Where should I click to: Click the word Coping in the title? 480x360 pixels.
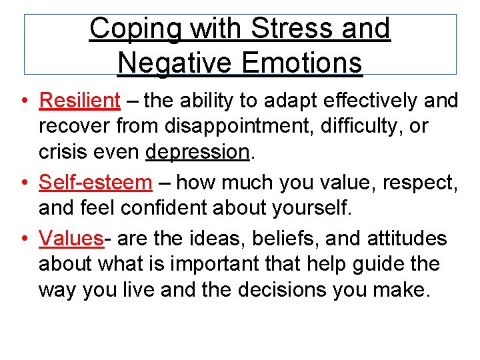click(127, 29)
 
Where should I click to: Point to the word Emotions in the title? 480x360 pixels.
click(303, 63)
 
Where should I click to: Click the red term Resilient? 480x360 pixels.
click(80, 101)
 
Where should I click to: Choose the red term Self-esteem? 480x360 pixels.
click(96, 182)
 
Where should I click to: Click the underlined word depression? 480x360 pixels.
click(197, 153)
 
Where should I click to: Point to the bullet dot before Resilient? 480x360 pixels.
click(24, 101)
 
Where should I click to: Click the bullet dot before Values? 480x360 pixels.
click(24, 239)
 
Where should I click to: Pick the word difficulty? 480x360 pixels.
click(360, 127)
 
